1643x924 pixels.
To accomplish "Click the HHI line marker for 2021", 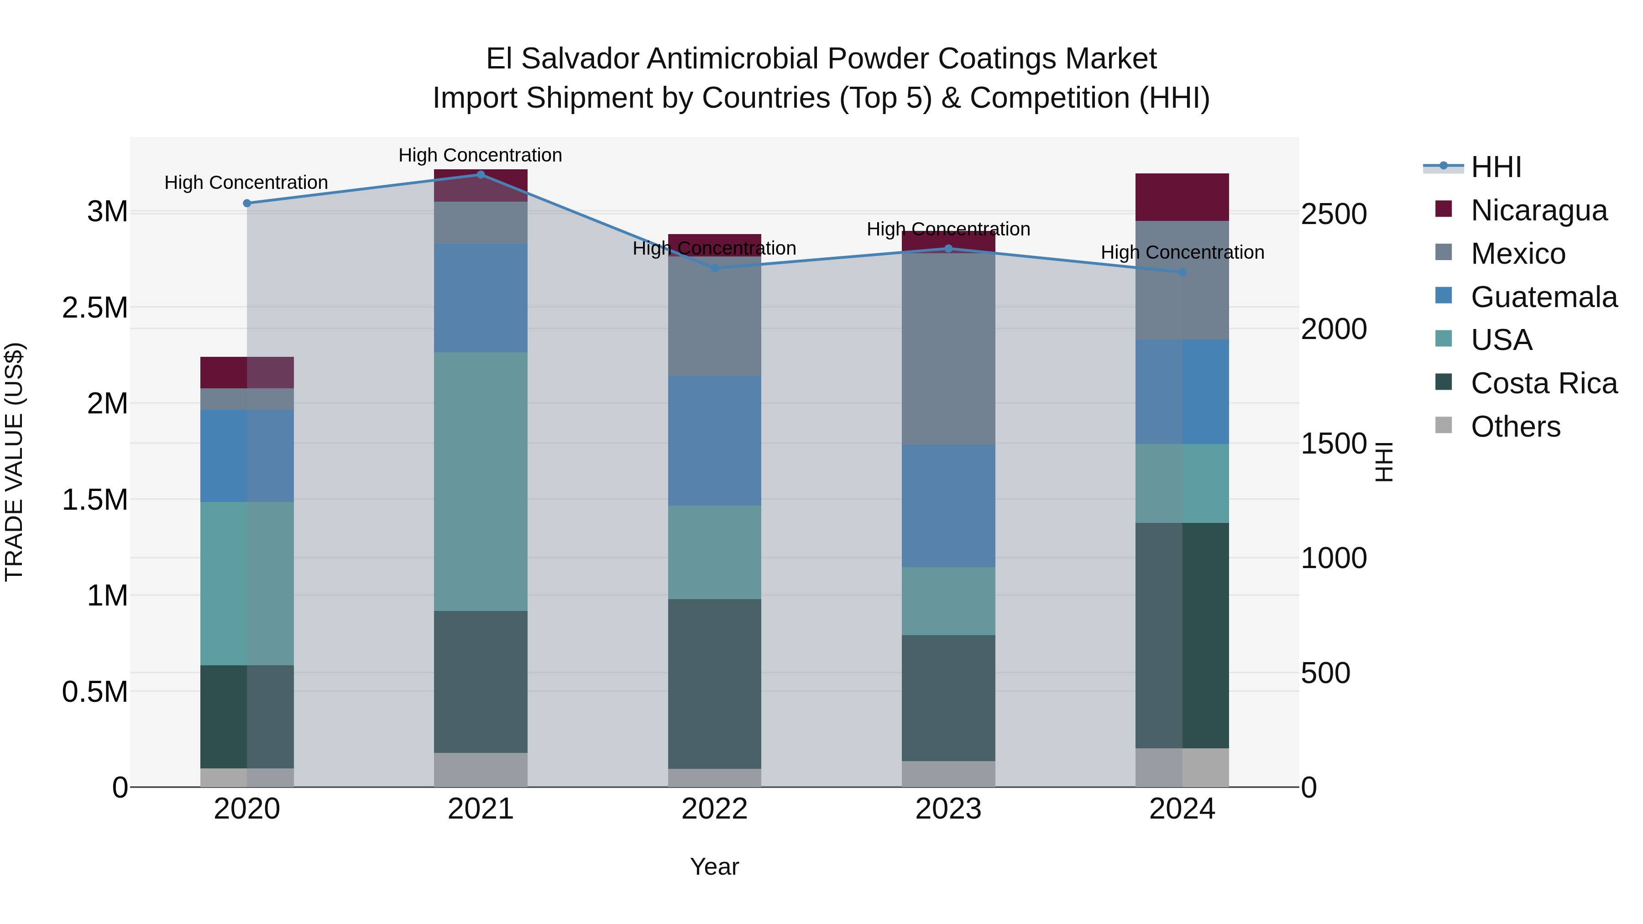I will click(x=481, y=174).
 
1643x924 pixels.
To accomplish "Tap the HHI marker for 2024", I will click(x=1182, y=272).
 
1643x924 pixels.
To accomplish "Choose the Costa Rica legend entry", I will click(x=1543, y=383).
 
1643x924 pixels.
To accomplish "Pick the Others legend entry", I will click(x=1515, y=427).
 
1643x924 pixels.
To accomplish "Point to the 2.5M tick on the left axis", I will click(x=94, y=308).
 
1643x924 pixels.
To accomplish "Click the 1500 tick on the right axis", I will click(x=1334, y=444).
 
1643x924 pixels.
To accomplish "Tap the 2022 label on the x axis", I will click(x=714, y=809).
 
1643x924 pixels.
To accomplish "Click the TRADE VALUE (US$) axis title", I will click(x=14, y=462).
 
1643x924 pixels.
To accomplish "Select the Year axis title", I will click(x=714, y=867).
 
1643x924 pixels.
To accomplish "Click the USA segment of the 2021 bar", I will click(x=481, y=481).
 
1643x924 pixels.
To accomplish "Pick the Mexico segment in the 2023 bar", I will click(x=948, y=348).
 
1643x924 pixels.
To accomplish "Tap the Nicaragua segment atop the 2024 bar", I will click(x=1182, y=197).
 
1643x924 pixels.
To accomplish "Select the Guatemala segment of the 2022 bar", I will click(x=714, y=441).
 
